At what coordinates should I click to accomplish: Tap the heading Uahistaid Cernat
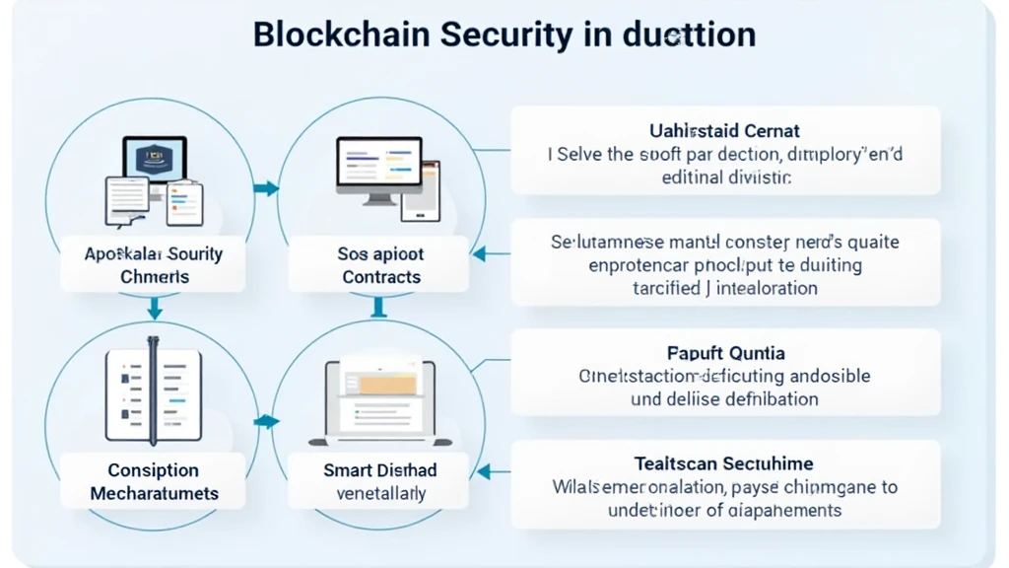[724, 130]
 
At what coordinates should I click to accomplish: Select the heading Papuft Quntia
[725, 353]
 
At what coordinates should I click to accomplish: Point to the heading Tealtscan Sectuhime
[724, 462]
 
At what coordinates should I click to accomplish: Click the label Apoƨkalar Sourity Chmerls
[153, 265]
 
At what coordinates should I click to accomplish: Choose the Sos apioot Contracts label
[380, 265]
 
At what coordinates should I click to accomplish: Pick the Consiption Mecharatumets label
[154, 481]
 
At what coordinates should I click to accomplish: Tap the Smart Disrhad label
[379, 470]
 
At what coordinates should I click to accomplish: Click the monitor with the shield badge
[154, 161]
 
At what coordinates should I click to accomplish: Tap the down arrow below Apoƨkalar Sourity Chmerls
[155, 312]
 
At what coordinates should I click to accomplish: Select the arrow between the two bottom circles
[265, 422]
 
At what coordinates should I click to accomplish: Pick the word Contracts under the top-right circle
[381, 277]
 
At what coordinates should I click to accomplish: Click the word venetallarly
[380, 493]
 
